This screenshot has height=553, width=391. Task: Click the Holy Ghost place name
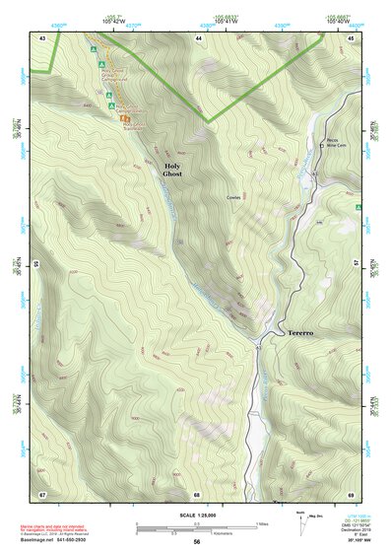tap(172, 169)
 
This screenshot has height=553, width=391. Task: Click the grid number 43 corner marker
tap(42, 36)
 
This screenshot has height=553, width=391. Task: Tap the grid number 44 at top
tap(199, 36)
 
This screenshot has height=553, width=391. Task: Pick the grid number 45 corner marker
tap(352, 36)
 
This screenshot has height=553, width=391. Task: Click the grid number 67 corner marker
tap(42, 493)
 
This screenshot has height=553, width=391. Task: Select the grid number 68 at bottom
tap(197, 493)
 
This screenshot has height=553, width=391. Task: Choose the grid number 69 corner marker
tap(352, 493)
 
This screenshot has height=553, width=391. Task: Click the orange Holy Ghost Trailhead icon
tap(125, 116)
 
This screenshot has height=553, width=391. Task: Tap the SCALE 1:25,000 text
tap(196, 516)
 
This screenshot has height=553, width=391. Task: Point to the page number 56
tap(197, 542)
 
